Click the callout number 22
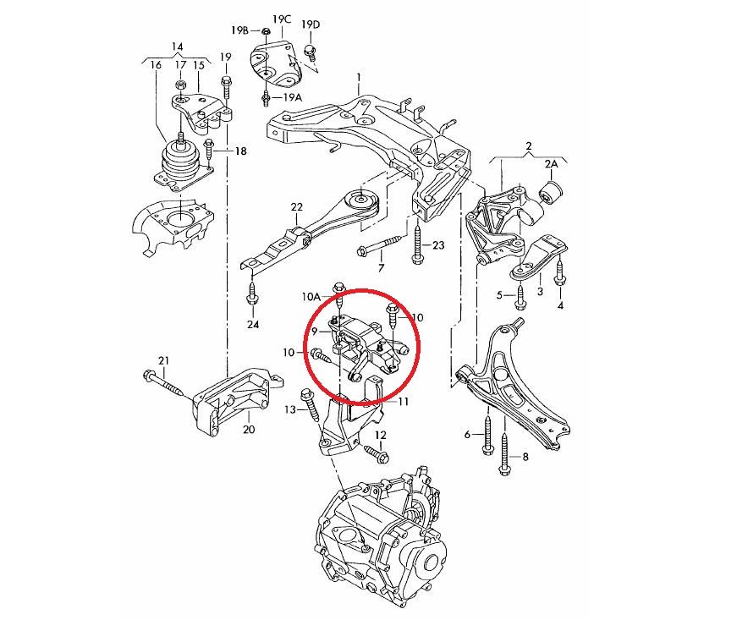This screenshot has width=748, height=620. click(296, 207)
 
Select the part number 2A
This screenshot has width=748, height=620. click(551, 163)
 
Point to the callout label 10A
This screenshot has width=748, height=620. click(312, 297)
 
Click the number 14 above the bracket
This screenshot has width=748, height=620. click(177, 46)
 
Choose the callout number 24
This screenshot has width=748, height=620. click(253, 325)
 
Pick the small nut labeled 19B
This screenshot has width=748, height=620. click(265, 33)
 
